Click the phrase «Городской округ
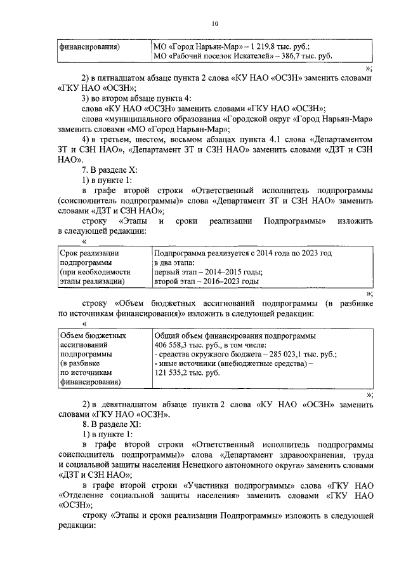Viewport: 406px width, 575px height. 259,118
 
